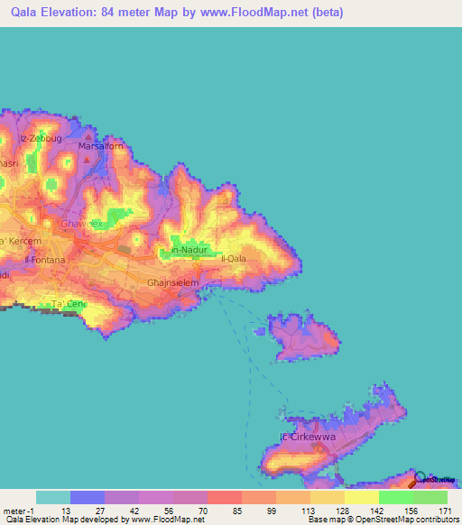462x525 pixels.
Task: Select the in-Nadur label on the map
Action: point(189,250)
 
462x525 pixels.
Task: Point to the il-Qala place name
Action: point(234,258)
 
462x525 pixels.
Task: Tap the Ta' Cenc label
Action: point(69,304)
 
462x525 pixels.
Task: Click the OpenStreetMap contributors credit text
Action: point(403,520)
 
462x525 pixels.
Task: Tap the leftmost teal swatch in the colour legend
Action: point(53,497)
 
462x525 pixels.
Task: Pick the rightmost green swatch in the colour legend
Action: point(430,497)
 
